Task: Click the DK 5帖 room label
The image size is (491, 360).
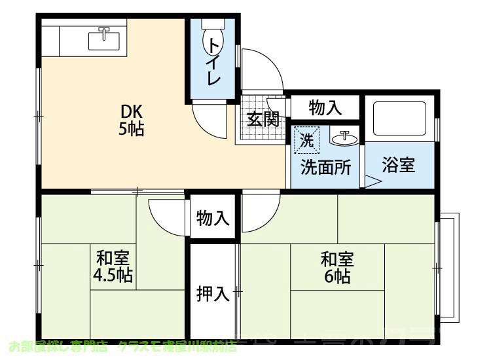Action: (131, 119)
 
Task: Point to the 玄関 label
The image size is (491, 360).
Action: (263, 119)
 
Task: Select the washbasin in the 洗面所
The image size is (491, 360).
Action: (343, 137)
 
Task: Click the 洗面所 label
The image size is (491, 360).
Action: (325, 167)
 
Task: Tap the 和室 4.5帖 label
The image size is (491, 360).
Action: (113, 266)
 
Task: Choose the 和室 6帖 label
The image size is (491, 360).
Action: (336, 266)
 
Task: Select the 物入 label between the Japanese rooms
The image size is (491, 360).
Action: (213, 219)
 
